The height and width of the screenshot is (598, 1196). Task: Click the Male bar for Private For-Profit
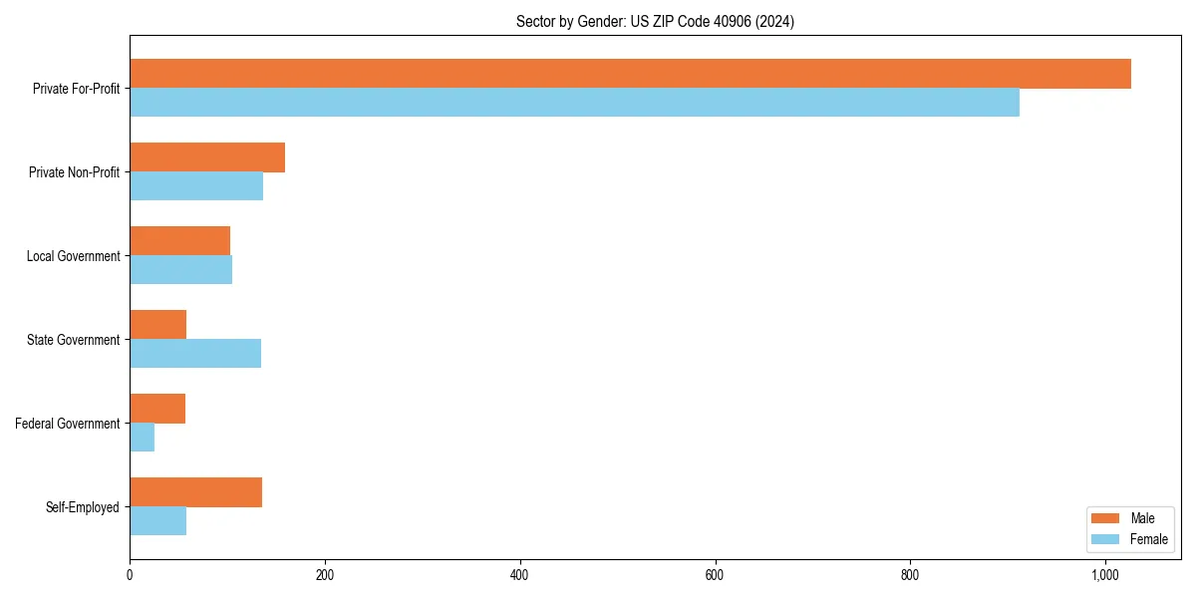pyautogui.click(x=630, y=74)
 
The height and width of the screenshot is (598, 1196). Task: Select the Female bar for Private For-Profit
pyautogui.click(x=574, y=103)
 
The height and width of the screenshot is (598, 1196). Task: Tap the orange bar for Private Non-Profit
pyautogui.click(x=207, y=157)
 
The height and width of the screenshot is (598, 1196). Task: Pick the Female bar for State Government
pyautogui.click(x=195, y=354)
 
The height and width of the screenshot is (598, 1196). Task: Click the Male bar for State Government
pyautogui.click(x=157, y=325)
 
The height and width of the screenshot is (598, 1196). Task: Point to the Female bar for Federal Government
pyautogui.click(x=142, y=438)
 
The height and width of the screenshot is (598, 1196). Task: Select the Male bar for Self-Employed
pyautogui.click(x=195, y=492)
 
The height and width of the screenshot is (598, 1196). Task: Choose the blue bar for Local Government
pyautogui.click(x=180, y=270)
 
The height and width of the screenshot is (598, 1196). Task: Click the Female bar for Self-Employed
pyautogui.click(x=157, y=521)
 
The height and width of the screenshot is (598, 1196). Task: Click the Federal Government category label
pyautogui.click(x=67, y=424)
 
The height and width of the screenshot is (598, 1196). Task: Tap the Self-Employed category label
pyautogui.click(x=82, y=507)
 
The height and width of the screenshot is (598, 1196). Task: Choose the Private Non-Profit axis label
pyautogui.click(x=74, y=172)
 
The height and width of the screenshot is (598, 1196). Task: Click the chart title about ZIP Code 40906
pyautogui.click(x=655, y=21)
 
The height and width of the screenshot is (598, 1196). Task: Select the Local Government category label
pyautogui.click(x=73, y=256)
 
